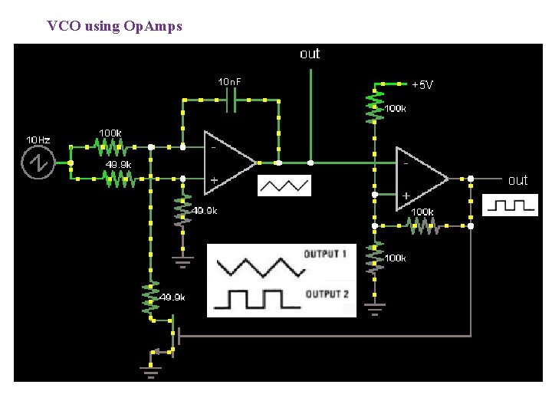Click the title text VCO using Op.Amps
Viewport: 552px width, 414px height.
(x=114, y=26)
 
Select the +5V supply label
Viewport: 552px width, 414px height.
(x=422, y=84)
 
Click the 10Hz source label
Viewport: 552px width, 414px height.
(x=38, y=140)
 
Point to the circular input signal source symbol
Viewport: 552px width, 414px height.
(x=37, y=162)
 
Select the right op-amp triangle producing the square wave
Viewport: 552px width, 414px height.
(x=420, y=178)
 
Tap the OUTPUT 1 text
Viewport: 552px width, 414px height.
(x=326, y=254)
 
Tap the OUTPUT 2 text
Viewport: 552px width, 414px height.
(x=327, y=294)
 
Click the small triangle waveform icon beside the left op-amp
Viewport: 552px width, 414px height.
(x=284, y=186)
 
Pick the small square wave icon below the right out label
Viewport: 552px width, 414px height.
(x=510, y=205)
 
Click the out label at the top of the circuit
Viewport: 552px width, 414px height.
(x=310, y=54)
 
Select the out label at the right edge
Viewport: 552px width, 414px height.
(x=518, y=180)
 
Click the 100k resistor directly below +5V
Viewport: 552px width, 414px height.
(x=374, y=107)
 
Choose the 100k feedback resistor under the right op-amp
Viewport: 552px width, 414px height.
(x=422, y=225)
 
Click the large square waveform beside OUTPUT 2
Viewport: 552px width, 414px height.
(x=256, y=298)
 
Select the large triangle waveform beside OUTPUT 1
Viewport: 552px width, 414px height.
(x=260, y=265)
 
